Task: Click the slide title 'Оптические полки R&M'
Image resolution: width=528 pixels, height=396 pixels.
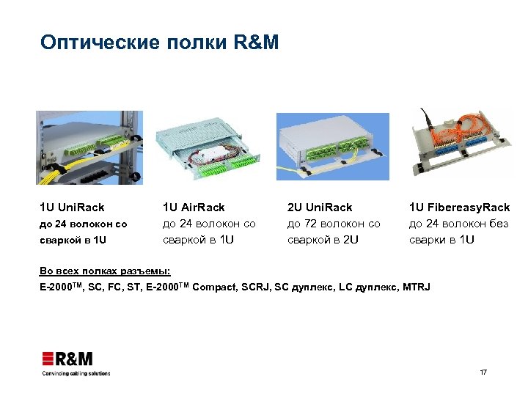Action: click(x=160, y=43)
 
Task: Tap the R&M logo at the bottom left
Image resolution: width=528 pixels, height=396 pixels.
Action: click(x=67, y=359)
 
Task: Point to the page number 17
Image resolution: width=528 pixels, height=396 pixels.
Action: click(x=483, y=373)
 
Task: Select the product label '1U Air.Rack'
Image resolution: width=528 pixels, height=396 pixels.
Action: click(x=194, y=208)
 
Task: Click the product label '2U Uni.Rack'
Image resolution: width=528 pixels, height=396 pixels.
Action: click(x=320, y=208)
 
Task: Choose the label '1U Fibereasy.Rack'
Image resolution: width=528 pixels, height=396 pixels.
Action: click(x=459, y=208)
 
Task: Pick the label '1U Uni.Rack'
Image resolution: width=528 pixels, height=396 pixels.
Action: click(x=73, y=208)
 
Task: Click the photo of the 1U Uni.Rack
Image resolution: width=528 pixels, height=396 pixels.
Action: click(x=89, y=147)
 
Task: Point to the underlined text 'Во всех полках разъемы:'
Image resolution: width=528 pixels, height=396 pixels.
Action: click(x=105, y=271)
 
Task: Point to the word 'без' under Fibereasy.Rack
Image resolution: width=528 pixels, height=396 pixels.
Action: click(x=496, y=224)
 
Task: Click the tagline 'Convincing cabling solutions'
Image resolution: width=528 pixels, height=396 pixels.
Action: click(x=76, y=373)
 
